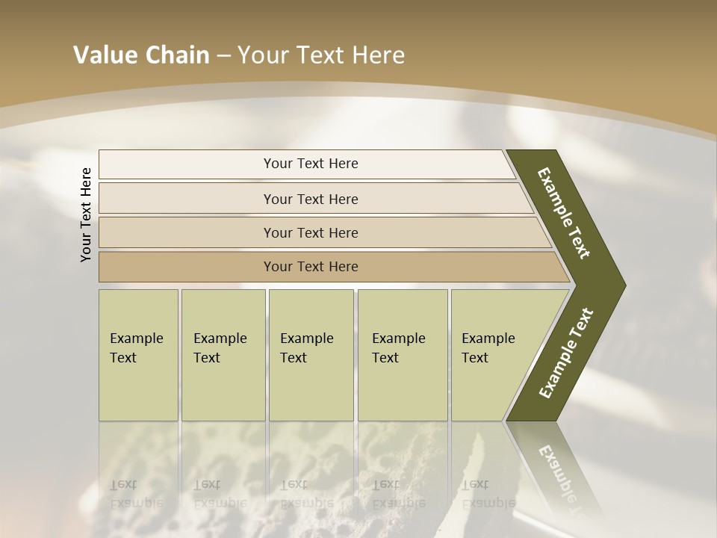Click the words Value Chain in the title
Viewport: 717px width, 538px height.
pyautogui.click(x=141, y=55)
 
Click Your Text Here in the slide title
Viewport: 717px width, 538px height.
pyautogui.click(x=321, y=55)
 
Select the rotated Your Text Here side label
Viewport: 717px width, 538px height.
pyautogui.click(x=87, y=214)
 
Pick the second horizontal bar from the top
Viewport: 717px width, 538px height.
pyautogui.click(x=311, y=199)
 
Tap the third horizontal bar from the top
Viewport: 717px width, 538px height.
pyautogui.click(x=311, y=233)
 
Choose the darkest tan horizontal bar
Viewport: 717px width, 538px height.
pyautogui.click(x=311, y=267)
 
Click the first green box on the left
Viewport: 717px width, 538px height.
pyautogui.click(x=138, y=355)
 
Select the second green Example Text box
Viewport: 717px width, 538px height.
pyautogui.click(x=223, y=355)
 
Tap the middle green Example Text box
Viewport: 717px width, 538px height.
pyautogui.click(x=311, y=355)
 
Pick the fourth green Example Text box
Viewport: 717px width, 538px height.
pyautogui.click(x=403, y=355)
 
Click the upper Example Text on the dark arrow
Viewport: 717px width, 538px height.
pyautogui.click(x=564, y=213)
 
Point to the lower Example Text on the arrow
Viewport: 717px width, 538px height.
pyautogui.click(x=565, y=353)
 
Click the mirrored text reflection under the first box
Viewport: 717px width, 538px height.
pyautogui.click(x=136, y=493)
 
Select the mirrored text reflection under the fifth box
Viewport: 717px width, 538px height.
pyautogui.click(x=488, y=493)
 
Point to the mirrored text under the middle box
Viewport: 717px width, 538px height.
pyautogui.click(x=306, y=493)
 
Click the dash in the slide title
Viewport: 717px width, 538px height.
pyautogui.click(x=223, y=56)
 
